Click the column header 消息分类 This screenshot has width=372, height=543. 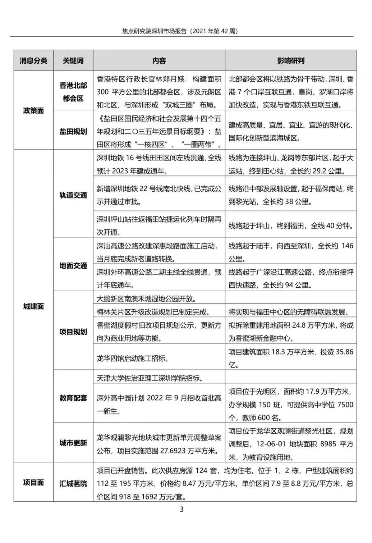pos(33,60)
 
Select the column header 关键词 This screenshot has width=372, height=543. pos(73,60)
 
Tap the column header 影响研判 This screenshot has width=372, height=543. pos(291,60)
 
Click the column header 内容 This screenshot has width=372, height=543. pos(159,60)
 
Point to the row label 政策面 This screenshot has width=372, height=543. pos(33,110)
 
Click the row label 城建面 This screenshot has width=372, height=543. pos(33,306)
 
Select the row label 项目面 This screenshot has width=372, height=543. pos(33,482)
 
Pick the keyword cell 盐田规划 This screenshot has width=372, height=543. pos(73,131)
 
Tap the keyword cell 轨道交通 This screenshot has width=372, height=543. pos(73,195)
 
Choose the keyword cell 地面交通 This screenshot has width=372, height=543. pos(73,265)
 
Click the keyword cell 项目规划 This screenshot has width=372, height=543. pos(73,331)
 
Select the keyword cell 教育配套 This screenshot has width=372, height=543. pos(73,398)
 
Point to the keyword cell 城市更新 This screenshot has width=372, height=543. pos(73,443)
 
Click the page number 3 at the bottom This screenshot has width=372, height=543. pos(182,509)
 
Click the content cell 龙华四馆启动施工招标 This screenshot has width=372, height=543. pos(133,358)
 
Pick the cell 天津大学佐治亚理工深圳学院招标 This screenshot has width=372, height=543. pos(150,378)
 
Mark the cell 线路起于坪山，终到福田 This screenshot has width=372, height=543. pos(291,226)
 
